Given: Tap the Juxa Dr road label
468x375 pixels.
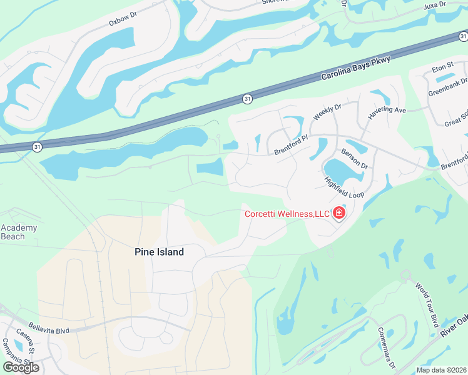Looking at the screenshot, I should pos(435,5).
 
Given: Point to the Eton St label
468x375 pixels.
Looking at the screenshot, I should pos(442,67).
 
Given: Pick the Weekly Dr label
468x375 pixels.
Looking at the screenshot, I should pos(327,112).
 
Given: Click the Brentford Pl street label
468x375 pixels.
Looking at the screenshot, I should pos(292,146).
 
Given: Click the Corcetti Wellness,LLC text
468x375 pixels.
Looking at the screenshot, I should pos(287,214).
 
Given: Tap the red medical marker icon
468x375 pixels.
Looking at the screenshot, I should pos(339,214).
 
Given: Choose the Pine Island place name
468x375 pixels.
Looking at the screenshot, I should pos(160,252).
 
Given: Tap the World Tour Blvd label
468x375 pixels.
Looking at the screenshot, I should pos(427,302).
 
